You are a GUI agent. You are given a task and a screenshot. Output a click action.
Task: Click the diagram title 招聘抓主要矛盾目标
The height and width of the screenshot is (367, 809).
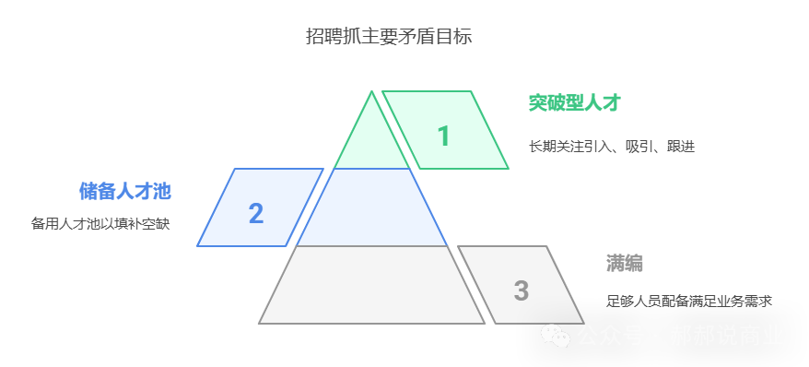[389, 37]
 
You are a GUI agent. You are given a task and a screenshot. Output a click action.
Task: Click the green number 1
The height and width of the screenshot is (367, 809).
[443, 136]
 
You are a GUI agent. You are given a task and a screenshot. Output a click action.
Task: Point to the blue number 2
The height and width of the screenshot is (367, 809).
[256, 213]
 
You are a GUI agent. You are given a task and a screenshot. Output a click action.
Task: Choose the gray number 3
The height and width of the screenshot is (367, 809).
[521, 290]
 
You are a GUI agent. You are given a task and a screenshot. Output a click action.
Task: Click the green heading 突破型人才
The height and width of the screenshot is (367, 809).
[574, 102]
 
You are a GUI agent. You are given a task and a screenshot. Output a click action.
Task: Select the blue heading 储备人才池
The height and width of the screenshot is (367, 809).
[125, 191]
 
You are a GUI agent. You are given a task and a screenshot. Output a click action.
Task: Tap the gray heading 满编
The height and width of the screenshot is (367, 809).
[624, 263]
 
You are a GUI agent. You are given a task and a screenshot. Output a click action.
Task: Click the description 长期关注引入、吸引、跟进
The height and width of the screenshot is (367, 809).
[611, 146]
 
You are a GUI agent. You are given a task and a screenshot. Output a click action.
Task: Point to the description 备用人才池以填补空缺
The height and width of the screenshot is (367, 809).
[100, 223]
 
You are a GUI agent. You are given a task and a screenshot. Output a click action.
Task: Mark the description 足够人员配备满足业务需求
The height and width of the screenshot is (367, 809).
[687, 301]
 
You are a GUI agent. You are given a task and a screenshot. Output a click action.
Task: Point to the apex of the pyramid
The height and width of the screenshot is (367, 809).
[372, 92]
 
